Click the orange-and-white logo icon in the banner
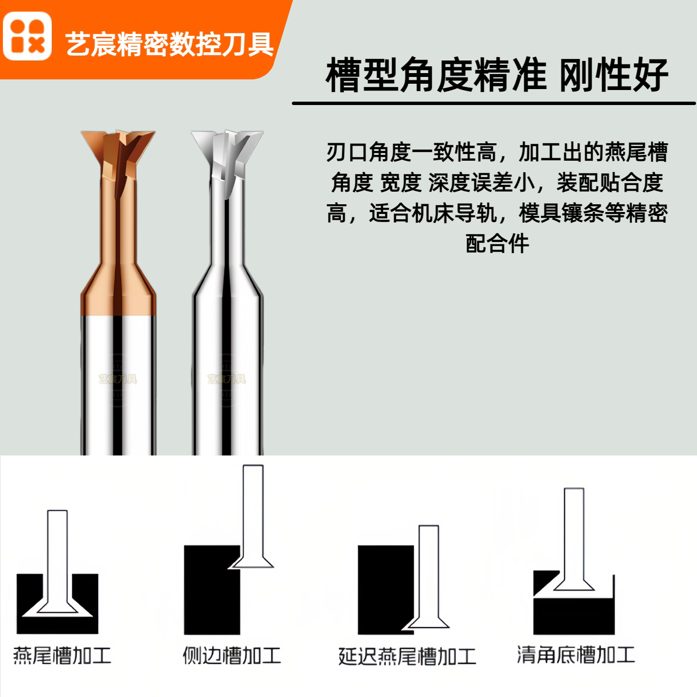[27, 36]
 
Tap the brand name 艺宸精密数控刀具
[169, 44]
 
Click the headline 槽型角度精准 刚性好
[497, 75]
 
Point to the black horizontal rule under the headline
[494, 104]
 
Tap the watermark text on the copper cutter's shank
[118, 379]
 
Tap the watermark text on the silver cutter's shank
[227, 379]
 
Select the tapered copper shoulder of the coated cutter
[118, 289]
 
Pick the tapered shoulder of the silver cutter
[227, 282]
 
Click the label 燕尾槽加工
[62, 655]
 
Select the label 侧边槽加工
[232, 655]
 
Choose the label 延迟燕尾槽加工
[407, 656]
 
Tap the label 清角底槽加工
[576, 655]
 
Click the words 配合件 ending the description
[497, 243]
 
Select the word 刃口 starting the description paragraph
[347, 152]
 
